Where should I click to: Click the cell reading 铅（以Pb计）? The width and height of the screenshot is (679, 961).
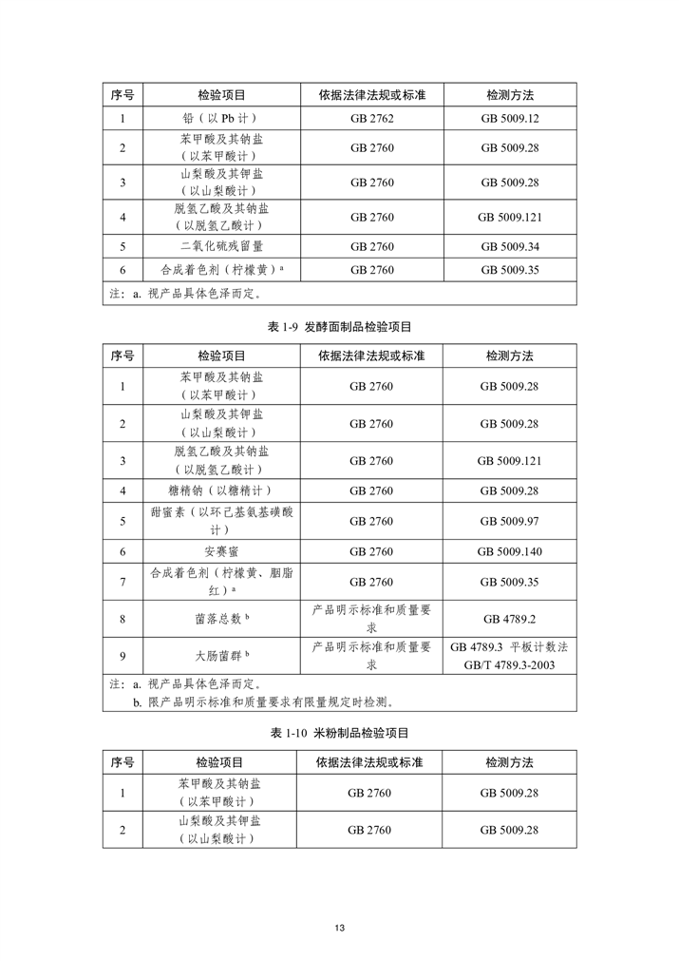click(220, 119)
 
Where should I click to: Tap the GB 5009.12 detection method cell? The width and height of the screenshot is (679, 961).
click(509, 119)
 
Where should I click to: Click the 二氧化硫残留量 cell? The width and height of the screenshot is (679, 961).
click(220, 246)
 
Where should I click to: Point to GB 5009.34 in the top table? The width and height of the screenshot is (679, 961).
click(509, 246)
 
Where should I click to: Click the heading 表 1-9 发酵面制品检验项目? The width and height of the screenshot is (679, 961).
click(339, 327)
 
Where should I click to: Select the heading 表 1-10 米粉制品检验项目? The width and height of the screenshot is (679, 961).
click(339, 734)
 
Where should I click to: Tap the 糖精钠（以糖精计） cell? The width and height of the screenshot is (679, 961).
click(220, 490)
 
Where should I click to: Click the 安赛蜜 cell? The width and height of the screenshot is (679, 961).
click(220, 551)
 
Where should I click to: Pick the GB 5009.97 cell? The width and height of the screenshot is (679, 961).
click(509, 521)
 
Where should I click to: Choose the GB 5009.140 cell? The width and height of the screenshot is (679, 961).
click(509, 551)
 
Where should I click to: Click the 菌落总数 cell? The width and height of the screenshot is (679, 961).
click(220, 619)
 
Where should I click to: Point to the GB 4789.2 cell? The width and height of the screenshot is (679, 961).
click(509, 619)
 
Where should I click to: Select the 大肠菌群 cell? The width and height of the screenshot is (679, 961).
click(220, 655)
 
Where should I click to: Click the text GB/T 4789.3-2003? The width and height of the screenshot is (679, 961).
click(509, 664)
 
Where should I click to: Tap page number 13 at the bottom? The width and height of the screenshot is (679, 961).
click(339, 928)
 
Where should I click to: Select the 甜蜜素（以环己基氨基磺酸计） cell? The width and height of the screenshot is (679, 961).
click(220, 521)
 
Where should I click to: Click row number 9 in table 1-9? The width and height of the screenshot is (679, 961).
click(123, 655)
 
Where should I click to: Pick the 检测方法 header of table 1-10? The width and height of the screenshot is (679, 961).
click(509, 762)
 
